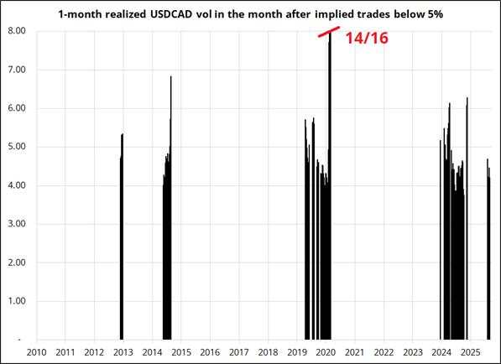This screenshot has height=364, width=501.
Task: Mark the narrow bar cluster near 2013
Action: click(x=122, y=243)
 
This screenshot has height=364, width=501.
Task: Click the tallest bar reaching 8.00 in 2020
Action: click(x=330, y=185)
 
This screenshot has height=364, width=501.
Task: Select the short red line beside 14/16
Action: click(x=328, y=33)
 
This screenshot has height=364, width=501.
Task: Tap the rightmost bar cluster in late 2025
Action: click(x=488, y=252)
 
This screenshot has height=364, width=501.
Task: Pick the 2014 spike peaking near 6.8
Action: click(x=171, y=210)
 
